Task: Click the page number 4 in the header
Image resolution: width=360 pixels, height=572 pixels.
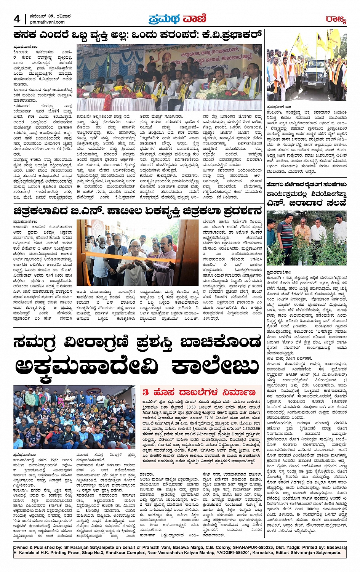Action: (17, 19)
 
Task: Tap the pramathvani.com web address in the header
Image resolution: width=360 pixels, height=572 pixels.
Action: (45, 23)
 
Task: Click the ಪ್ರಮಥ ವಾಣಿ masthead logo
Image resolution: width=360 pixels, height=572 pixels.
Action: (178, 18)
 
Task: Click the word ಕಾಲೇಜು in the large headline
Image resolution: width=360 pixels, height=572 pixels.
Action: (215, 367)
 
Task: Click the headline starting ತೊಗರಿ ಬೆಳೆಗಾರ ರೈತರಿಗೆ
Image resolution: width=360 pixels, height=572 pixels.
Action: (306, 185)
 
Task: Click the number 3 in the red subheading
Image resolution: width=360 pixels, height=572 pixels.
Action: (146, 392)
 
